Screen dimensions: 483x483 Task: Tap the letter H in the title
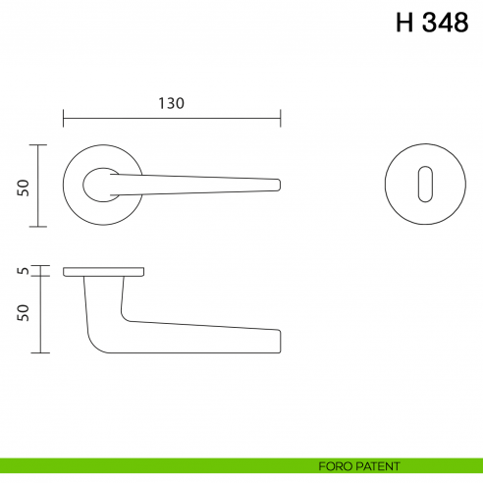point(403,24)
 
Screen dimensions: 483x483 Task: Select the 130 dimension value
point(171,102)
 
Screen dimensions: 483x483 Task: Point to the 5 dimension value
point(23,270)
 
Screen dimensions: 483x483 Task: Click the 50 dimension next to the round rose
point(23,186)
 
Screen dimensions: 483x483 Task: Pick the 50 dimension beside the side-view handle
point(23,313)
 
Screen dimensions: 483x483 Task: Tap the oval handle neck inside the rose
point(99,183)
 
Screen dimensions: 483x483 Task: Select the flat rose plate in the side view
point(104,270)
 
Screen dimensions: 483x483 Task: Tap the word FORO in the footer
point(335,465)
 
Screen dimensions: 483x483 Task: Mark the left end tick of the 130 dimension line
point(64,118)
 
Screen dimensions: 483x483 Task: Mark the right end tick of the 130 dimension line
point(281,118)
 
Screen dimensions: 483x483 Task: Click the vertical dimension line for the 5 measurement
point(39,270)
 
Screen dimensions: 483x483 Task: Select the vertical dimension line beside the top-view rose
point(39,186)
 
